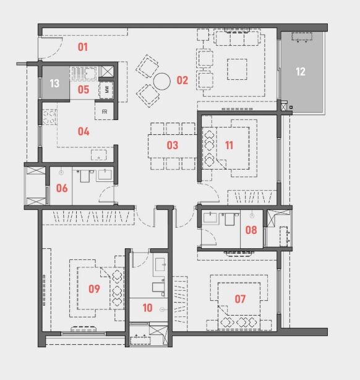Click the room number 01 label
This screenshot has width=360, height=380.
tap(82, 47)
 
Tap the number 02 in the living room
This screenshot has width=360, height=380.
tap(182, 80)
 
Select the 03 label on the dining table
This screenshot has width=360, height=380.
tap(172, 146)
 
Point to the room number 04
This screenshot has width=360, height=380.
tap(84, 131)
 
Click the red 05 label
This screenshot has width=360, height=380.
tap(84, 90)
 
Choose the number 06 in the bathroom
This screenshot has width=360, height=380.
tap(62, 188)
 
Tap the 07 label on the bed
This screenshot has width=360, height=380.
tap(240, 299)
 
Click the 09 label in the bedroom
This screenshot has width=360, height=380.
tap(94, 288)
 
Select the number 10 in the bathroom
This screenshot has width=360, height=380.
tap(147, 308)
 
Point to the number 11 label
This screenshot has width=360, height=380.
tap(229, 146)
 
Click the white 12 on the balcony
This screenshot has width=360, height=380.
tap(301, 72)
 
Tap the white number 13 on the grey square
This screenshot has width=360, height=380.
tap(54, 84)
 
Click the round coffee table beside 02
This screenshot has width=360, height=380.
tap(162, 80)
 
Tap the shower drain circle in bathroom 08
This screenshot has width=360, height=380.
tap(252, 215)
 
